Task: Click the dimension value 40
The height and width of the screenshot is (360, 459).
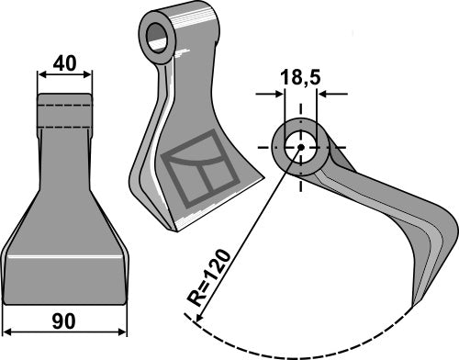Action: tap(63, 63)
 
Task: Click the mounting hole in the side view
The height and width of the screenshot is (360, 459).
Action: tap(298, 147)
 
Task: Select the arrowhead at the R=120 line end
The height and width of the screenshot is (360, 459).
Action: tap(194, 316)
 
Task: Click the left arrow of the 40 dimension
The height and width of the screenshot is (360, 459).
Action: tap(41, 76)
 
